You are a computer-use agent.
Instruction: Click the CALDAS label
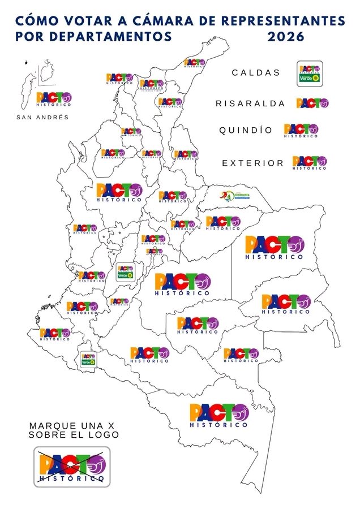256,72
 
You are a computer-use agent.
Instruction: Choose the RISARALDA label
251,103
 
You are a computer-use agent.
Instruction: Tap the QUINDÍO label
246,130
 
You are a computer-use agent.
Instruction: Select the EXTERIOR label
252,163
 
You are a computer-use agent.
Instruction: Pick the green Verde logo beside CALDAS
310,74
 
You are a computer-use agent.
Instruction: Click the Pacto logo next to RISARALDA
312,103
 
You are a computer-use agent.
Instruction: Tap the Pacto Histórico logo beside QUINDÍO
301,131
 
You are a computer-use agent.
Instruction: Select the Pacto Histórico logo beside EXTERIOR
309,163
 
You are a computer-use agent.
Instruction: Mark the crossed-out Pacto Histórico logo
71,467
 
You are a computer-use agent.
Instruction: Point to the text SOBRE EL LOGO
74,435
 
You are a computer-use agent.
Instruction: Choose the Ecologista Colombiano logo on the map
234,196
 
